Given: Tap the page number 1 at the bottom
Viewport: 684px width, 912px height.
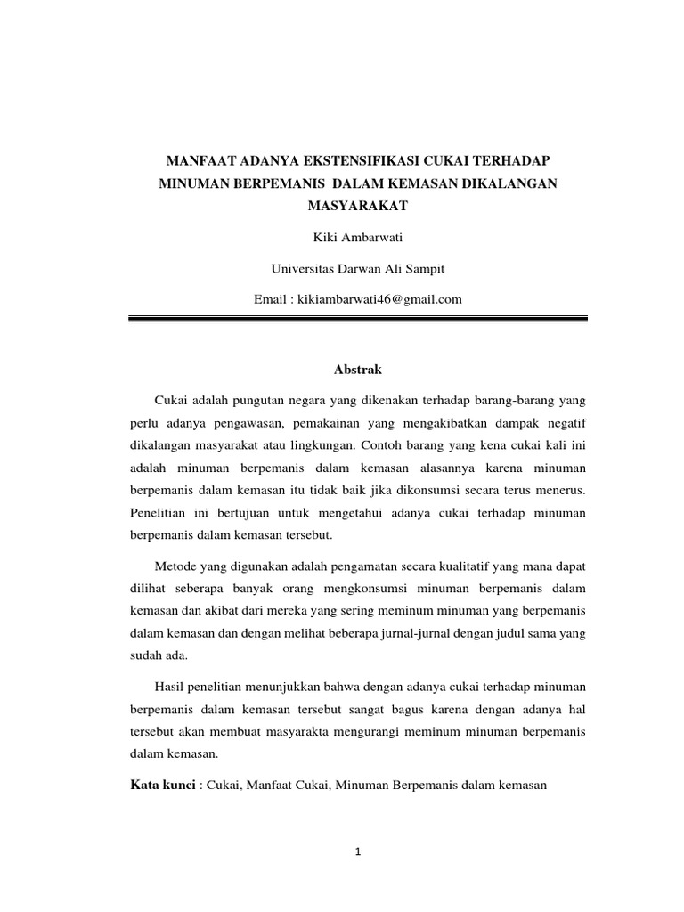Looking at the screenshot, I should click(x=358, y=852).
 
